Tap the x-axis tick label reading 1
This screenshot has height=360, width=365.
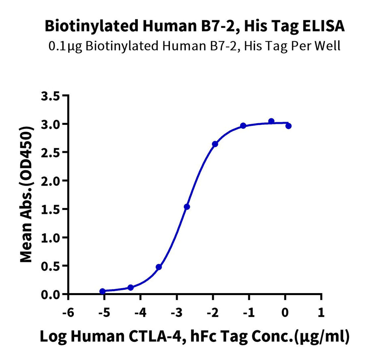[321, 313]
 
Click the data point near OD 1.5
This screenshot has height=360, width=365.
[187, 207]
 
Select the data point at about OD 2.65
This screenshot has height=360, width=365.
[215, 144]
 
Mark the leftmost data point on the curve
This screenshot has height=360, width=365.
[103, 291]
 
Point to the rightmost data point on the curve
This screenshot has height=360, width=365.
[288, 126]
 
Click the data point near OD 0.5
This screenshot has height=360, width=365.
[159, 267]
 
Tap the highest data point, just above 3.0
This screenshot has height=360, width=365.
[271, 121]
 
